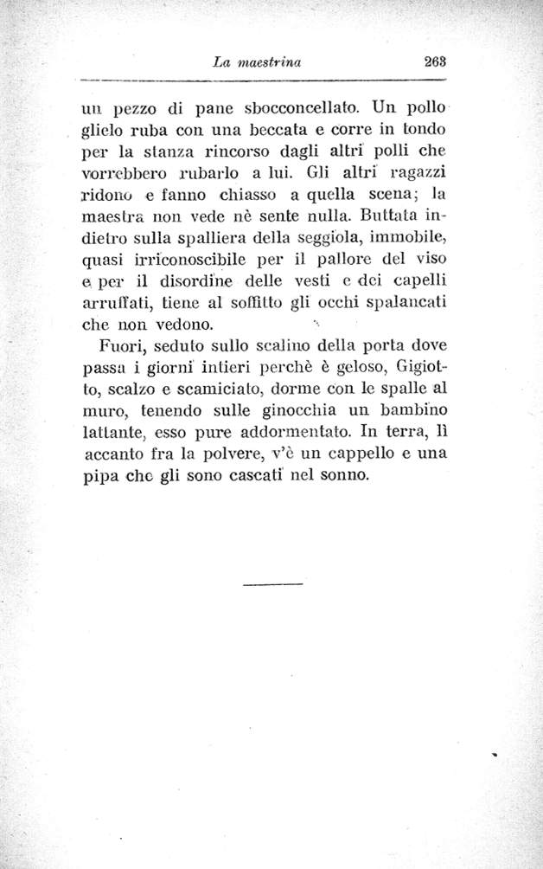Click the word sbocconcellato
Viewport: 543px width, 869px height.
pyautogui.click(x=293, y=111)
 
